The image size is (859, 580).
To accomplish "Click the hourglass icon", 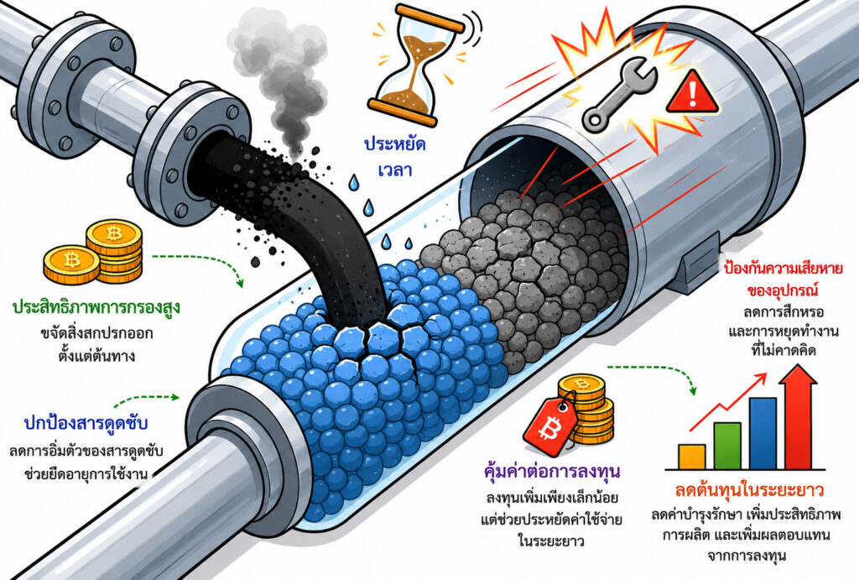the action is click(x=416, y=64).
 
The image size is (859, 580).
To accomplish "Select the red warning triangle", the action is click(x=694, y=93).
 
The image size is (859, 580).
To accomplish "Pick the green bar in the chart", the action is click(x=727, y=446).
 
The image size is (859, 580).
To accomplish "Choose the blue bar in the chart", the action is click(x=763, y=433).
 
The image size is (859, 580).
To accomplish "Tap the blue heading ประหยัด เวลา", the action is click(x=395, y=157).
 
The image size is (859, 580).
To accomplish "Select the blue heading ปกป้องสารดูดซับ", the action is click(x=86, y=425).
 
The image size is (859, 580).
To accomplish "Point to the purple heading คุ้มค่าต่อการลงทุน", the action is click(x=552, y=472).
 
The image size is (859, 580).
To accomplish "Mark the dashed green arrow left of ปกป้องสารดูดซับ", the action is click(x=146, y=399).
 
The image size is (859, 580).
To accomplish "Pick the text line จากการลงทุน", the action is click(x=747, y=556).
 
